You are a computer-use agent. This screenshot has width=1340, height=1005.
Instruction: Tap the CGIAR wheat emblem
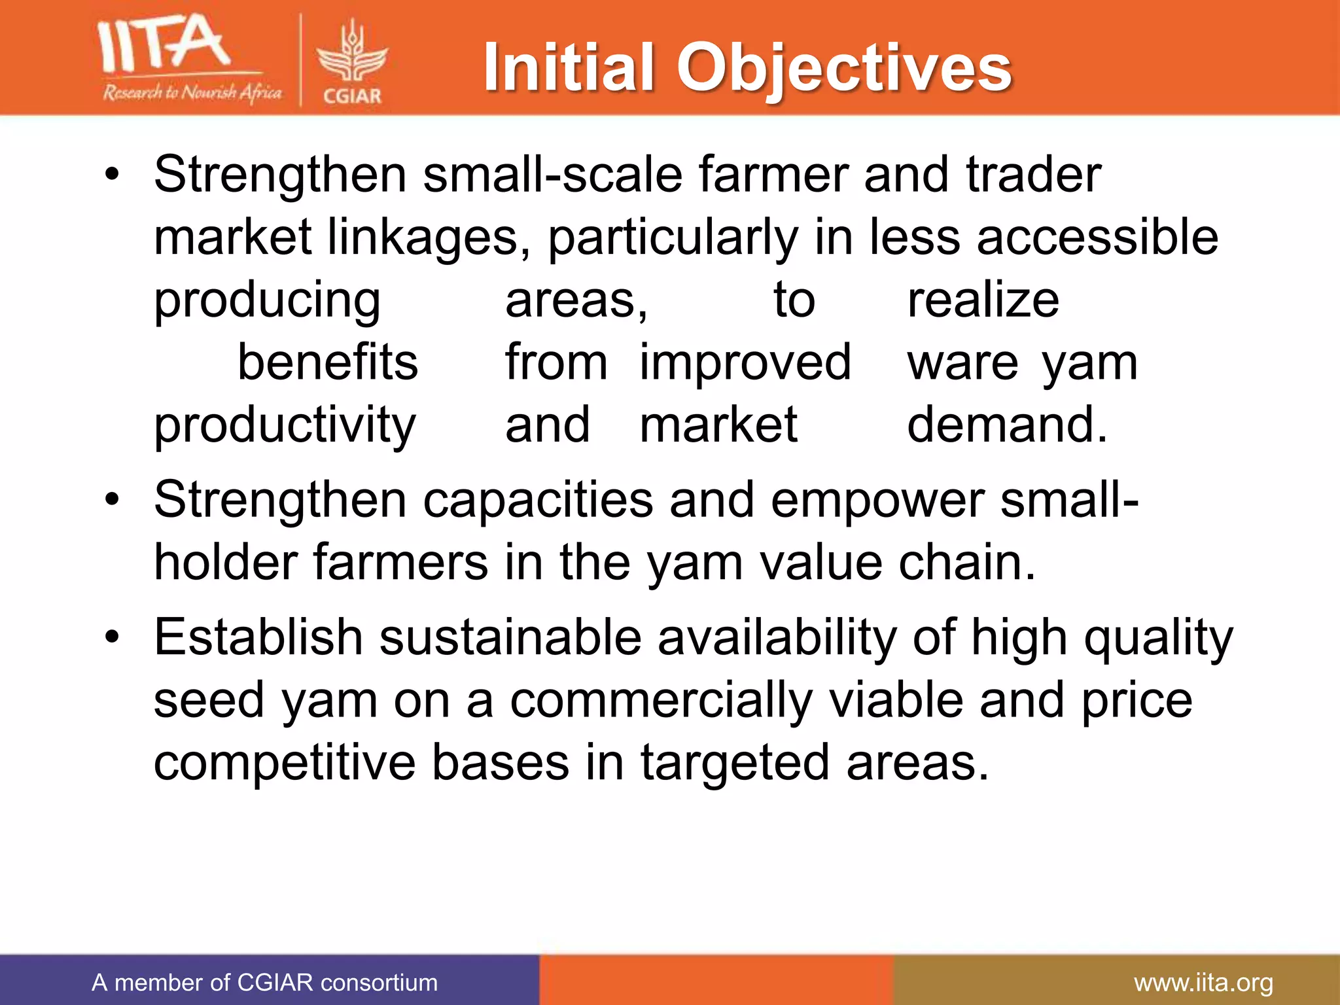(x=352, y=55)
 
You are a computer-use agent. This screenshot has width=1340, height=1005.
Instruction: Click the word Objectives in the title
(x=844, y=68)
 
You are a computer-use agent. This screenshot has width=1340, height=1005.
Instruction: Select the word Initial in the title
(x=569, y=67)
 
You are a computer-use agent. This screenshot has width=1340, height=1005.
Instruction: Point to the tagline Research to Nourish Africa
(x=192, y=93)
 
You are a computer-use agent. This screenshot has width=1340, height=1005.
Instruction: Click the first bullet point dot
(x=113, y=175)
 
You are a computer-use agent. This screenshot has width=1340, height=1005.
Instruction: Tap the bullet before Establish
(x=113, y=637)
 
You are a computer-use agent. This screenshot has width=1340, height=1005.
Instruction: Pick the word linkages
(x=428, y=237)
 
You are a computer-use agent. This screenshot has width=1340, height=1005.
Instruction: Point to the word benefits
(x=327, y=362)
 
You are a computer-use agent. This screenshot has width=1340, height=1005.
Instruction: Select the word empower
(x=877, y=500)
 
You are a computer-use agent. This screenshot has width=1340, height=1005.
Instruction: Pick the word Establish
(x=258, y=637)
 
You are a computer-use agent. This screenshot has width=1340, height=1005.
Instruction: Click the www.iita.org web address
(x=1203, y=983)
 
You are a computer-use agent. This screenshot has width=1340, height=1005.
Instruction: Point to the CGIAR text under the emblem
(x=352, y=96)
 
